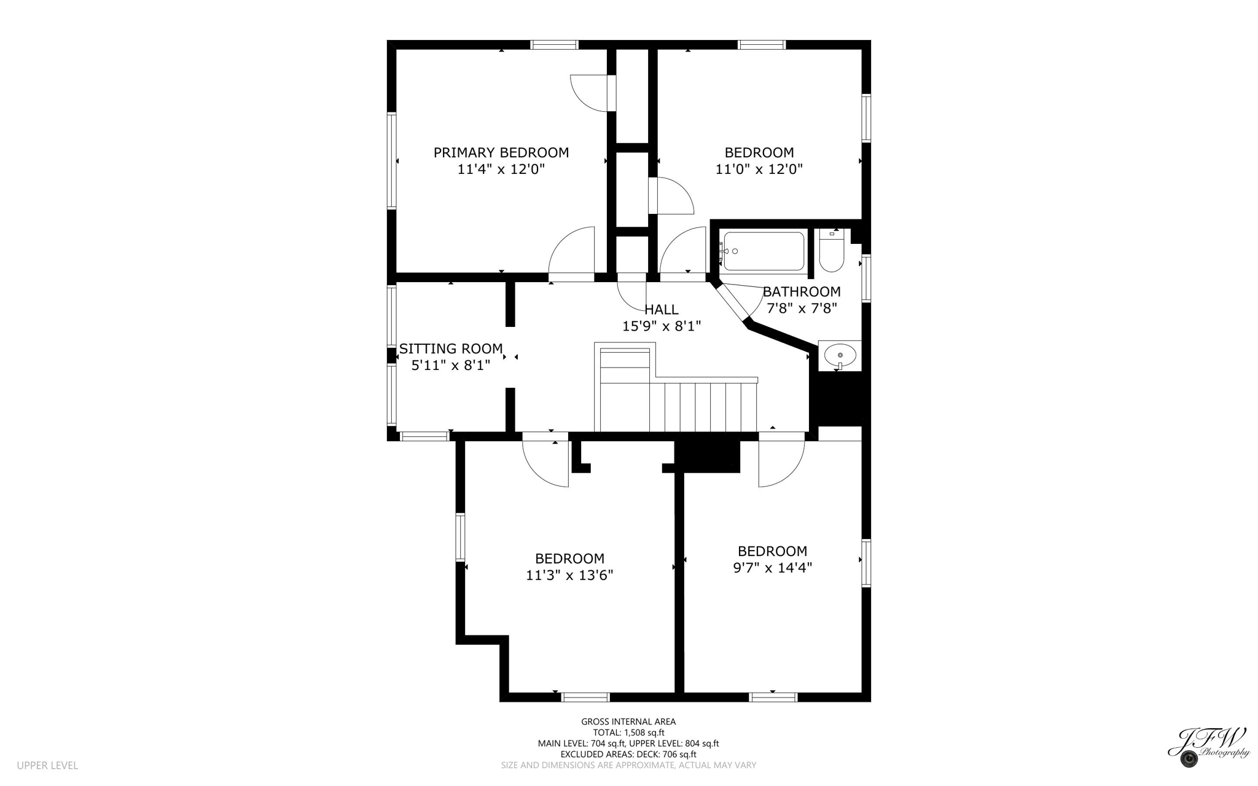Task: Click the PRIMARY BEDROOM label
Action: (501, 152)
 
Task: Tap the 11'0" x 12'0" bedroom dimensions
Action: (759, 169)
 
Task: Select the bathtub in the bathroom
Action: (764, 251)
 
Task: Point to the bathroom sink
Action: (840, 356)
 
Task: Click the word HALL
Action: (662, 310)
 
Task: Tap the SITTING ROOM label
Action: (451, 349)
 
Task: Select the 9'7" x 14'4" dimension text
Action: (772, 568)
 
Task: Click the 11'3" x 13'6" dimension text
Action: (569, 575)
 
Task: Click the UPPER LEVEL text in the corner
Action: (47, 765)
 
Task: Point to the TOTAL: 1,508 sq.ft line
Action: (628, 733)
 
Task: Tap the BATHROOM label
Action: (802, 292)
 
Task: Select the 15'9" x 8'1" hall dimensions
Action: (662, 326)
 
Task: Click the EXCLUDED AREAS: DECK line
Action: (628, 754)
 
